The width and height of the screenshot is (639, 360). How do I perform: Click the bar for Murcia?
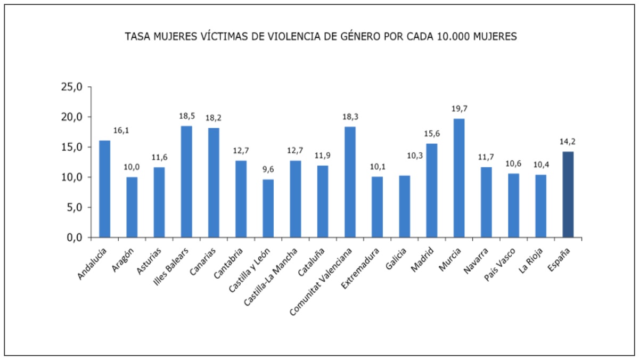tap(459, 178)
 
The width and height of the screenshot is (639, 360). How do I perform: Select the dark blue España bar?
tap(568, 194)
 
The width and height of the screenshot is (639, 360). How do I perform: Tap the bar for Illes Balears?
tap(186, 181)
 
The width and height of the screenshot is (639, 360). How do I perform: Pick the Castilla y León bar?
tap(268, 208)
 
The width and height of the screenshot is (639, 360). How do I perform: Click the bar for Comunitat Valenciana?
tap(350, 182)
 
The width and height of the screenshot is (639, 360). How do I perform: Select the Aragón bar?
tap(132, 207)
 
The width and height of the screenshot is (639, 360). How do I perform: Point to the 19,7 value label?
tap(459, 109)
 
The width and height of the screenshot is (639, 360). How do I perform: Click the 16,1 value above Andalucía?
tap(121, 130)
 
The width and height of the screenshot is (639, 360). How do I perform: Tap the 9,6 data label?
tap(268, 170)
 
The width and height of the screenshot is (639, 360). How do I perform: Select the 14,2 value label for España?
tap(568, 142)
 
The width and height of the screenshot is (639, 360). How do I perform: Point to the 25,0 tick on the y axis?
tap(72, 87)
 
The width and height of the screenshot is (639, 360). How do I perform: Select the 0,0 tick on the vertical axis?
tap(74, 238)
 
